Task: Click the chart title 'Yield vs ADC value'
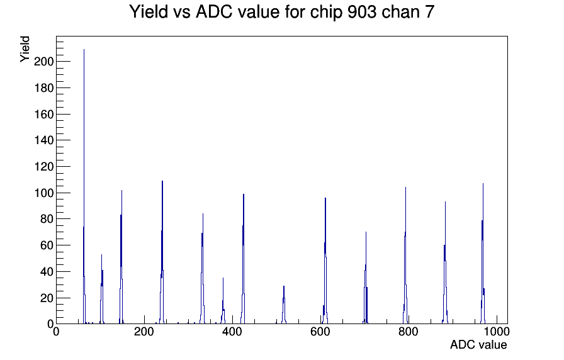(205, 11)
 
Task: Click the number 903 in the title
(362, 12)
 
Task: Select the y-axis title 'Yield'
(25, 49)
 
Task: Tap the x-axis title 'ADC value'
(478, 344)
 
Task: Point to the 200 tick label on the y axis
(43, 62)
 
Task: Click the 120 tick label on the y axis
(43, 167)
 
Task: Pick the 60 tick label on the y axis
(47, 245)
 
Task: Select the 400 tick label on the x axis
(232, 331)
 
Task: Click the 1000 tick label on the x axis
(496, 331)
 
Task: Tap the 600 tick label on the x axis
(320, 331)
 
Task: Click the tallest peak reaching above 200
(84, 186)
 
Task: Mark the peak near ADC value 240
(162, 252)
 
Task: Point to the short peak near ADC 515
(284, 305)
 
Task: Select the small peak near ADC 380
(223, 301)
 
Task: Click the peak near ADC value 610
(325, 261)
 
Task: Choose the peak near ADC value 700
(366, 278)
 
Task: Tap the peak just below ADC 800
(405, 255)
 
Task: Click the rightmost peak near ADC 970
(483, 253)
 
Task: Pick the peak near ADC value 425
(244, 259)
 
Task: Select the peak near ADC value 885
(445, 262)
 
